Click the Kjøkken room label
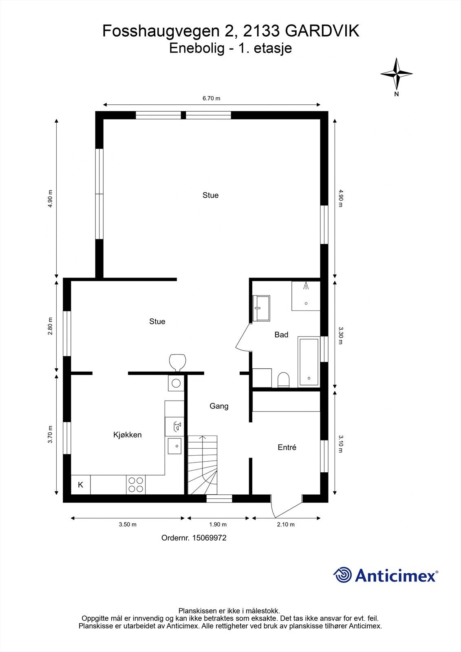pos(127,435)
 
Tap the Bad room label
pos(281,335)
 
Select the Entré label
pos(287,447)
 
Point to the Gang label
pos(219,406)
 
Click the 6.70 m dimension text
pos(212,98)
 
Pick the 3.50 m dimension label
pos(128,524)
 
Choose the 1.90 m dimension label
pos(218,524)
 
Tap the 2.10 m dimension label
pos(286,524)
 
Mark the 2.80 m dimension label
pos(50,326)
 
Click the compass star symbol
pos(397,74)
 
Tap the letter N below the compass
pos(396,94)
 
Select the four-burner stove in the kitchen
pos(136,485)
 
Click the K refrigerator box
pos(81,485)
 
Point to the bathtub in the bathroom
pos(309,362)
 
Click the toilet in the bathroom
pos(283,380)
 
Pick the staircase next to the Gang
pos(203,465)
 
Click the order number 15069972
pos(209,538)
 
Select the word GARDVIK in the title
pos(322,31)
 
